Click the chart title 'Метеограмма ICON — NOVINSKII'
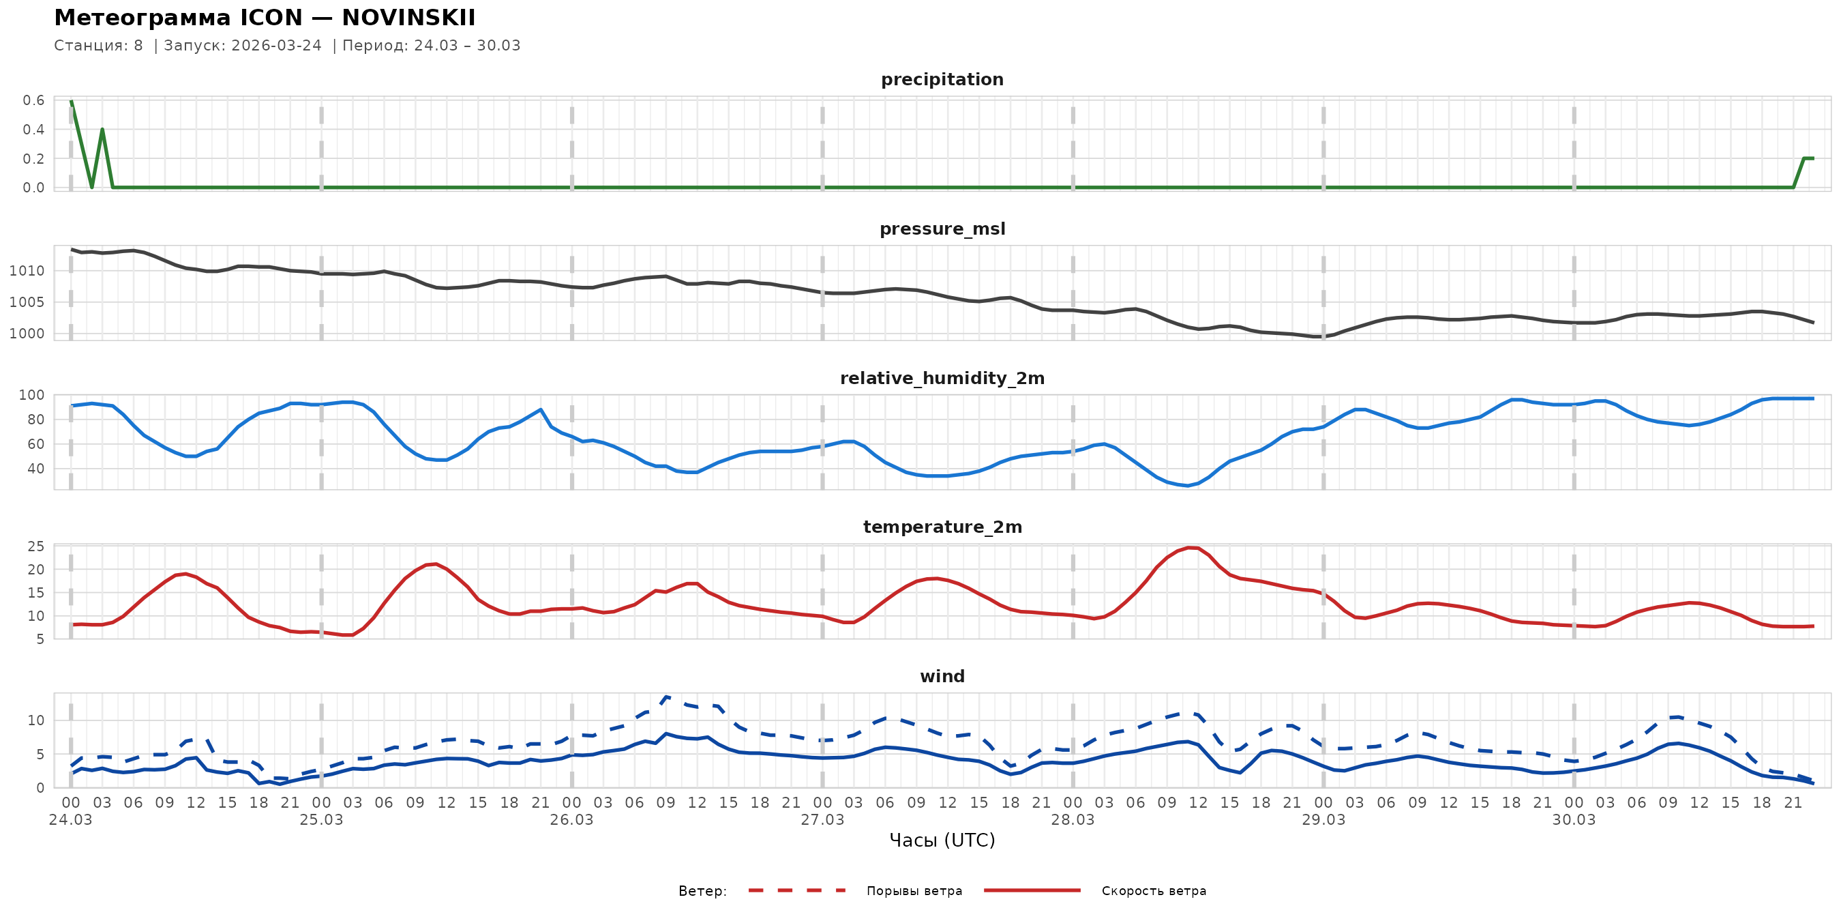265,18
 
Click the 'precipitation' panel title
942,79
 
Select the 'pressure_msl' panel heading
942,229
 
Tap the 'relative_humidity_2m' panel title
942,378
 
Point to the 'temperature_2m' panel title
942,527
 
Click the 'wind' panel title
942,677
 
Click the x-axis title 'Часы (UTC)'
942,840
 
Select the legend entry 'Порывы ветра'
914,891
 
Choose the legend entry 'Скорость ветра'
1154,891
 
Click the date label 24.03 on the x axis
70,820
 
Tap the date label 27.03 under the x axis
822,820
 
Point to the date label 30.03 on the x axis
1574,820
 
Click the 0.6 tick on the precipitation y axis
33,100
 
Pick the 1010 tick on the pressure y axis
27,271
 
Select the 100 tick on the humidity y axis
31,395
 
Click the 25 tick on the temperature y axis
35,546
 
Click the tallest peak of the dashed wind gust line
666,697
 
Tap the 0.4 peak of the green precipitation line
102,130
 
